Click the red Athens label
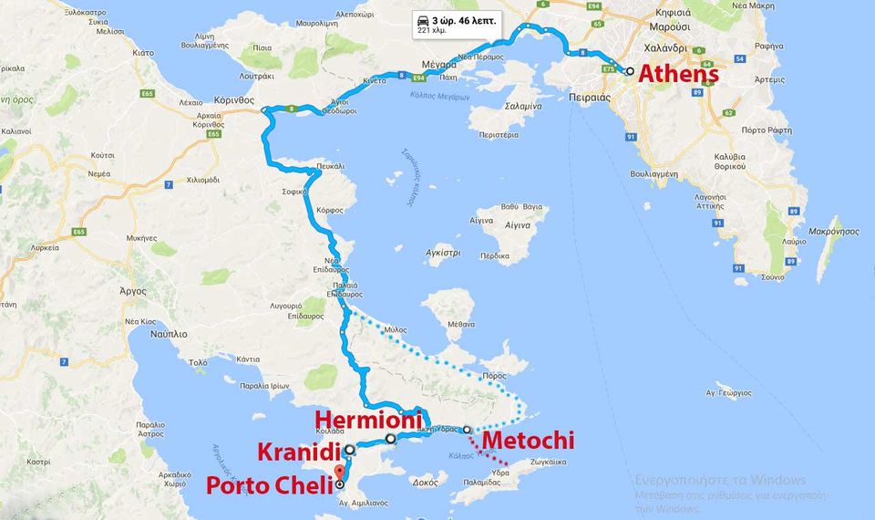coord(678,75)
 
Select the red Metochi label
coord(529,442)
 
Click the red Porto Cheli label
coord(263,485)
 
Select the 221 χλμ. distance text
coord(431,30)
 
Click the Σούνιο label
coord(772,276)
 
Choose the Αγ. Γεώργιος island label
coord(728,393)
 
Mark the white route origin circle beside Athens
coord(629,70)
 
